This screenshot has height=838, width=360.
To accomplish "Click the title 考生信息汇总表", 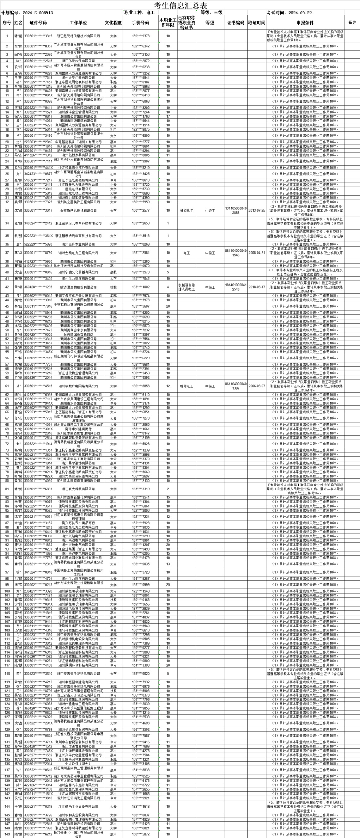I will (x=180, y=5).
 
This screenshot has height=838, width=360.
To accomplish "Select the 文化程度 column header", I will (x=113, y=23).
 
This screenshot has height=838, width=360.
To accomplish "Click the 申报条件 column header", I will (x=305, y=23).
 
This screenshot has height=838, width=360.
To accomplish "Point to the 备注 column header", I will (x=352, y=23).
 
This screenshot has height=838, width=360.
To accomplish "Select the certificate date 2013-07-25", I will (x=257, y=211).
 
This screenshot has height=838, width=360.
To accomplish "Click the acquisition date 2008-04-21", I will (x=257, y=253).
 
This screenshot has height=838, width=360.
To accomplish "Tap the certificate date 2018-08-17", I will (x=257, y=287).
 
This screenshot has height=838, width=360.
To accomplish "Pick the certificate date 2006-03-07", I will (x=257, y=386).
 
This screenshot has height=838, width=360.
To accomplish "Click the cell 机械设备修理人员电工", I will (x=187, y=287).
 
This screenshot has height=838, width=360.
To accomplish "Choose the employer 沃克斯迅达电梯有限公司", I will (x=78, y=211).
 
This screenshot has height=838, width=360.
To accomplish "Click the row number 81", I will (x=7, y=489).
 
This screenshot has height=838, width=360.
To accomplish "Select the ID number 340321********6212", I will (x=38, y=834).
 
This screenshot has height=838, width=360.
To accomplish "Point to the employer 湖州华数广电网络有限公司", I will (x=78, y=386).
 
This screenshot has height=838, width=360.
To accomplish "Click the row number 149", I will (x=7, y=834).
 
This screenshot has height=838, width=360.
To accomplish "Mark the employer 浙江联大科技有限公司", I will (x=78, y=489).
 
